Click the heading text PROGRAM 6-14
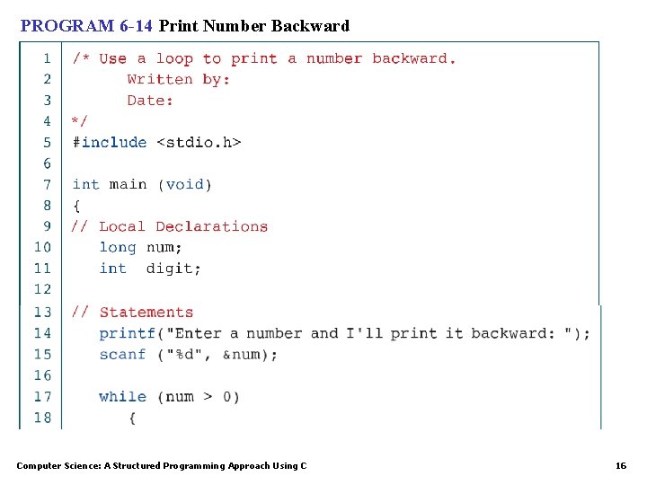point(86,26)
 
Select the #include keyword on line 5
point(109,142)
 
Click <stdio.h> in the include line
point(199,142)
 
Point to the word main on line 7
point(128,184)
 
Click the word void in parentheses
point(185,184)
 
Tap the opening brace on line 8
point(76,206)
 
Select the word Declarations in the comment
point(211,226)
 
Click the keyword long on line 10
point(118,247)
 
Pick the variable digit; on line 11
point(173,268)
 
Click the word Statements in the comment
point(146,313)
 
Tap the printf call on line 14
point(128,333)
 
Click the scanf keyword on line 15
point(122,354)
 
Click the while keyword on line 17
point(122,396)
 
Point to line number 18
point(42,418)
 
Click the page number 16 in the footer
point(620,465)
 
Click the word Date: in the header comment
point(150,101)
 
